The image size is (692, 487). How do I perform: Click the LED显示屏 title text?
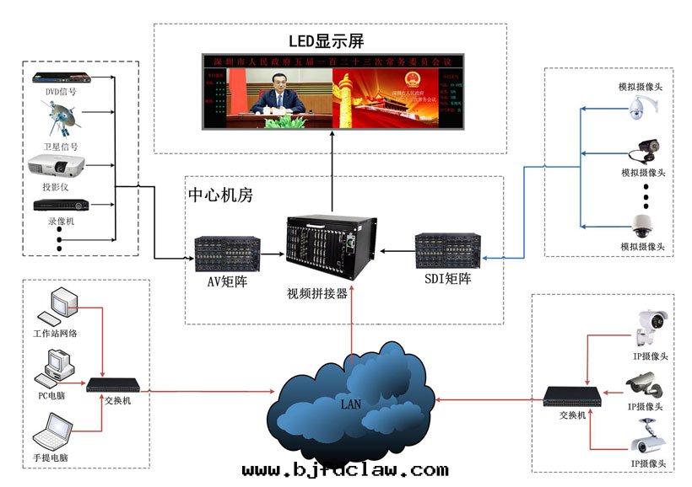[x=327, y=41]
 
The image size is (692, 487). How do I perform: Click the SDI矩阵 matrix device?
[x=447, y=250]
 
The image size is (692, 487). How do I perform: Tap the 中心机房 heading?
[x=220, y=195]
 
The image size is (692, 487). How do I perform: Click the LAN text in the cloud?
[x=350, y=404]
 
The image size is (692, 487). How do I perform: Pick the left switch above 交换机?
[x=114, y=385]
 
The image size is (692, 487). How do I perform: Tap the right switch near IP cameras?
[x=571, y=395]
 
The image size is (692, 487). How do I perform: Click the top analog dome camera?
[x=641, y=106]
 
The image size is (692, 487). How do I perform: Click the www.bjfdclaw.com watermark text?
[x=344, y=469]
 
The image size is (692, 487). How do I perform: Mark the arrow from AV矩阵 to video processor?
[x=273, y=252]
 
